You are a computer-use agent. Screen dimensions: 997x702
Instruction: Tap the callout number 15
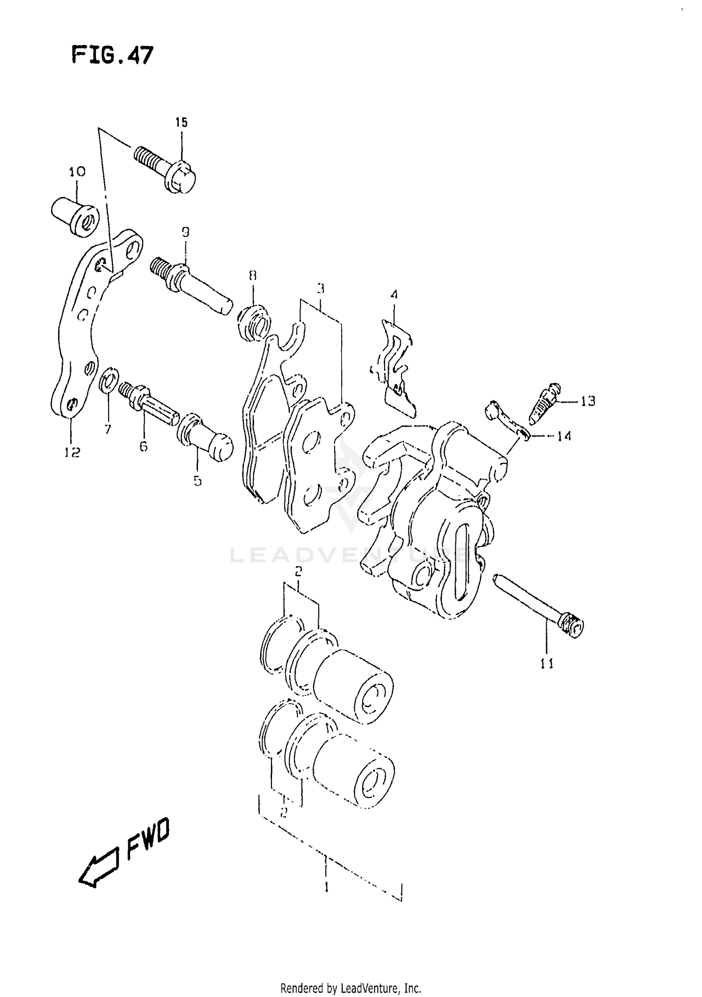coord(181,123)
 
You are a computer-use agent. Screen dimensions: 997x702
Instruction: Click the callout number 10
coord(77,172)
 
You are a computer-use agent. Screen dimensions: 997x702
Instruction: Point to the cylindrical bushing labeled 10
coord(75,216)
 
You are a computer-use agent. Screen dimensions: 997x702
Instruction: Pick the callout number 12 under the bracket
coord(72,452)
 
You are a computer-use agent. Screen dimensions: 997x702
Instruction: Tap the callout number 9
coord(186,233)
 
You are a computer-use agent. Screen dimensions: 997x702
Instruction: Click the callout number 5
coord(197,480)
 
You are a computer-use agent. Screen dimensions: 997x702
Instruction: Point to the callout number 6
coord(143,446)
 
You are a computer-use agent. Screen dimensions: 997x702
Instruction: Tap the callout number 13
coord(588,401)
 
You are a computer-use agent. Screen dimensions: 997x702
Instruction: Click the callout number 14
coord(564,436)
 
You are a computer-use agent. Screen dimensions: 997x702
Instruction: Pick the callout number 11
coord(547,663)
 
